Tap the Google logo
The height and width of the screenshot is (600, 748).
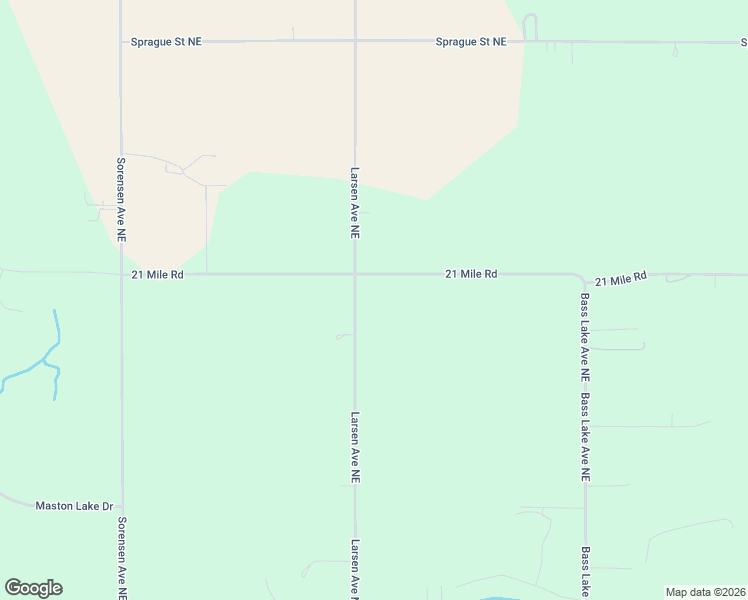(33, 588)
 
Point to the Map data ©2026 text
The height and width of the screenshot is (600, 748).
(705, 592)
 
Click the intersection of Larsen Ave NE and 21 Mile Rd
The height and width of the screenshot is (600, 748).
(355, 273)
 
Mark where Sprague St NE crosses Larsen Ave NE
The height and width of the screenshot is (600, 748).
(355, 41)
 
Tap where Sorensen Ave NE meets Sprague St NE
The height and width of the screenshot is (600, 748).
(121, 41)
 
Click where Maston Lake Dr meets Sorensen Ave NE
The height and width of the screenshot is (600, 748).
(121, 506)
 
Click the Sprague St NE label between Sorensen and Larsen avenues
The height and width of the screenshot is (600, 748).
(166, 42)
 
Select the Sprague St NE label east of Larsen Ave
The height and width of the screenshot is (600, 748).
(471, 42)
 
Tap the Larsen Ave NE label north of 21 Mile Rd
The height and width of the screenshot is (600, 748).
(355, 203)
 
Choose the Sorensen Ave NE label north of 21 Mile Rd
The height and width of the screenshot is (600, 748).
(121, 199)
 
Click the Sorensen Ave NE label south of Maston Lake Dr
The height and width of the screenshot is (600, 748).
(121, 557)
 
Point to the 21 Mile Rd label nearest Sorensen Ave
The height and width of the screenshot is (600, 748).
(157, 274)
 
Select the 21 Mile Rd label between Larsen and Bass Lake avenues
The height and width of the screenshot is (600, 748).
(471, 273)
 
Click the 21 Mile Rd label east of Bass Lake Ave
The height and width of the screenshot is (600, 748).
(621, 278)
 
